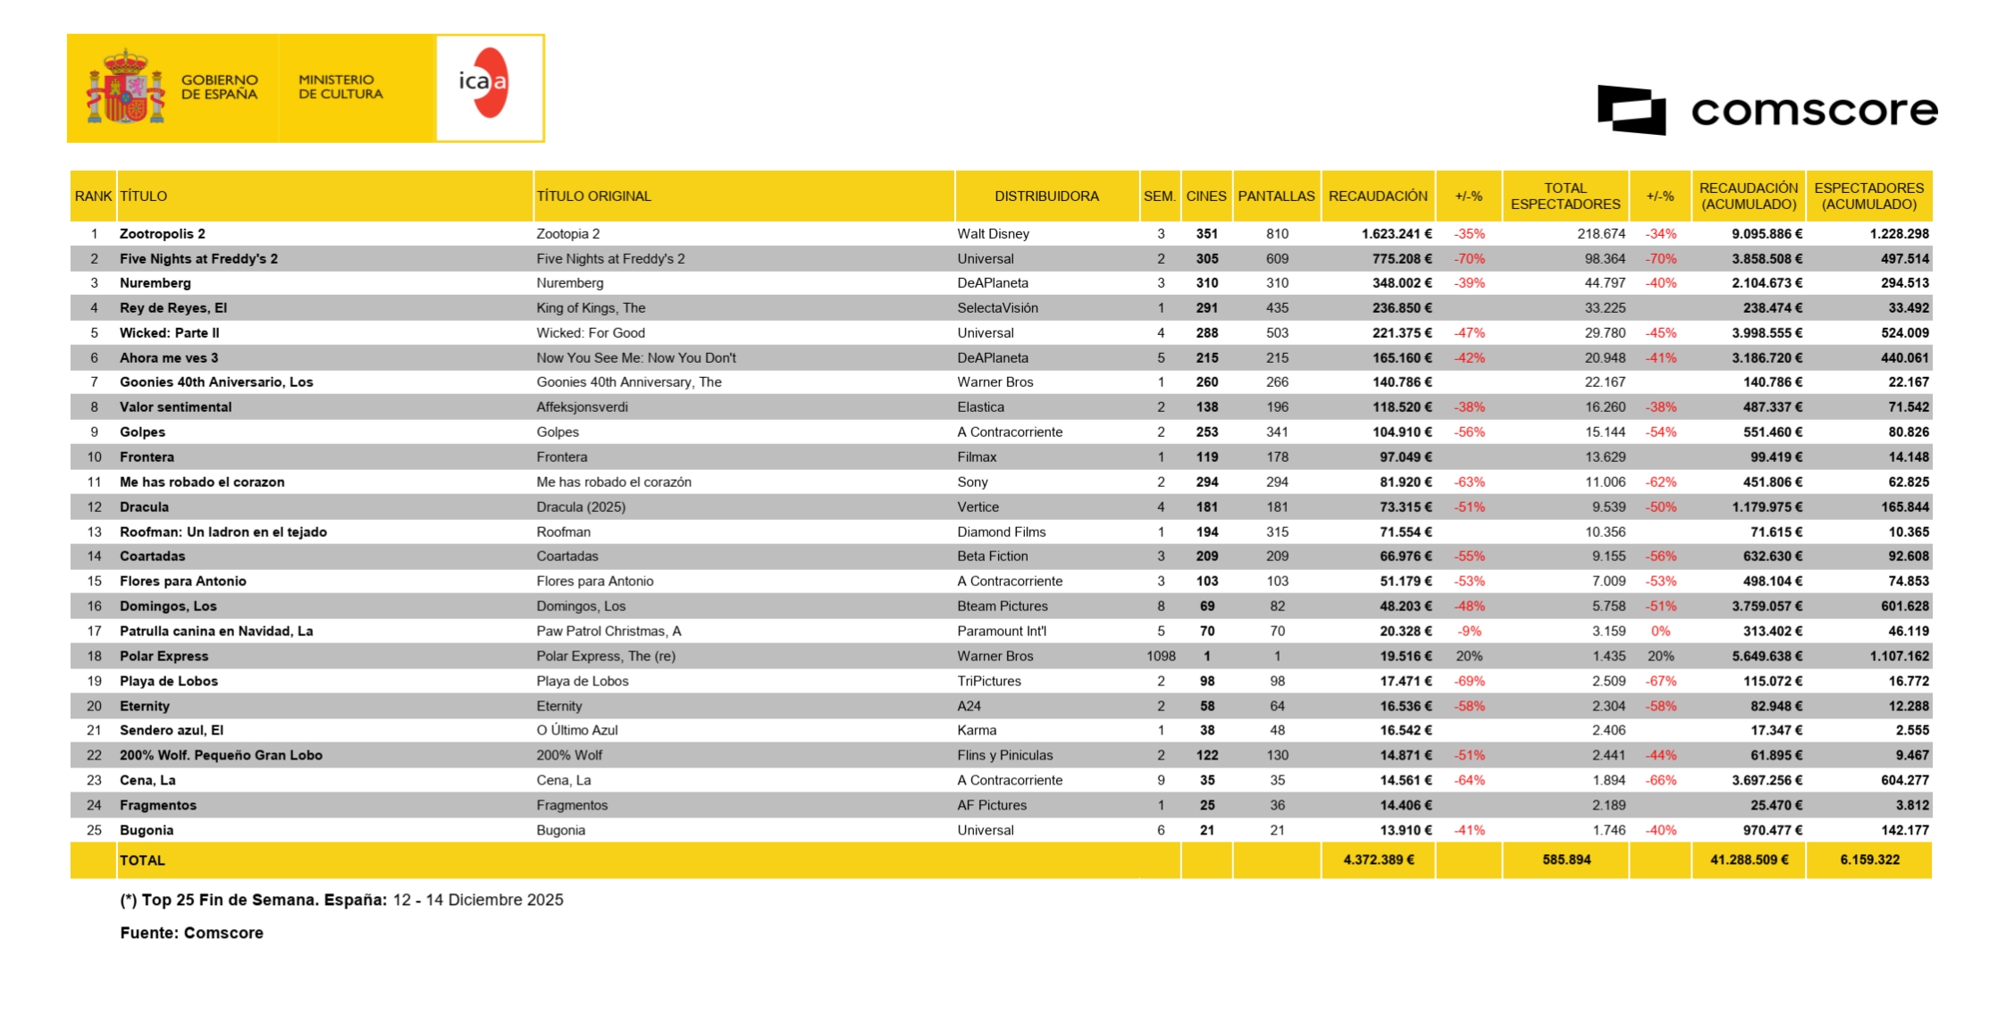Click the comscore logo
(x=1767, y=111)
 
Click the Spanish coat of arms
(x=126, y=88)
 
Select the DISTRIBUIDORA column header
(x=1046, y=197)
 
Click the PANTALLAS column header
(x=1276, y=197)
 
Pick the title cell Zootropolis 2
(x=163, y=234)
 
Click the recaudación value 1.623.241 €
(x=1397, y=234)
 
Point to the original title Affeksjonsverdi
(x=582, y=407)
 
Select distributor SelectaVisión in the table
(x=997, y=308)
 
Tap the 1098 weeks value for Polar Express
(x=1161, y=657)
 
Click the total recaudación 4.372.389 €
(x=1379, y=860)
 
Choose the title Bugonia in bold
(x=147, y=831)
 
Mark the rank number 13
(x=94, y=532)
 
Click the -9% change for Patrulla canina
(x=1469, y=632)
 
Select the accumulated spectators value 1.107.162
(x=1899, y=657)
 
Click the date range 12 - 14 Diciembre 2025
(x=478, y=901)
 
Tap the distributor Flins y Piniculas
(x=1005, y=756)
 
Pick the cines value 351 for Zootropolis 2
(x=1207, y=234)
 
